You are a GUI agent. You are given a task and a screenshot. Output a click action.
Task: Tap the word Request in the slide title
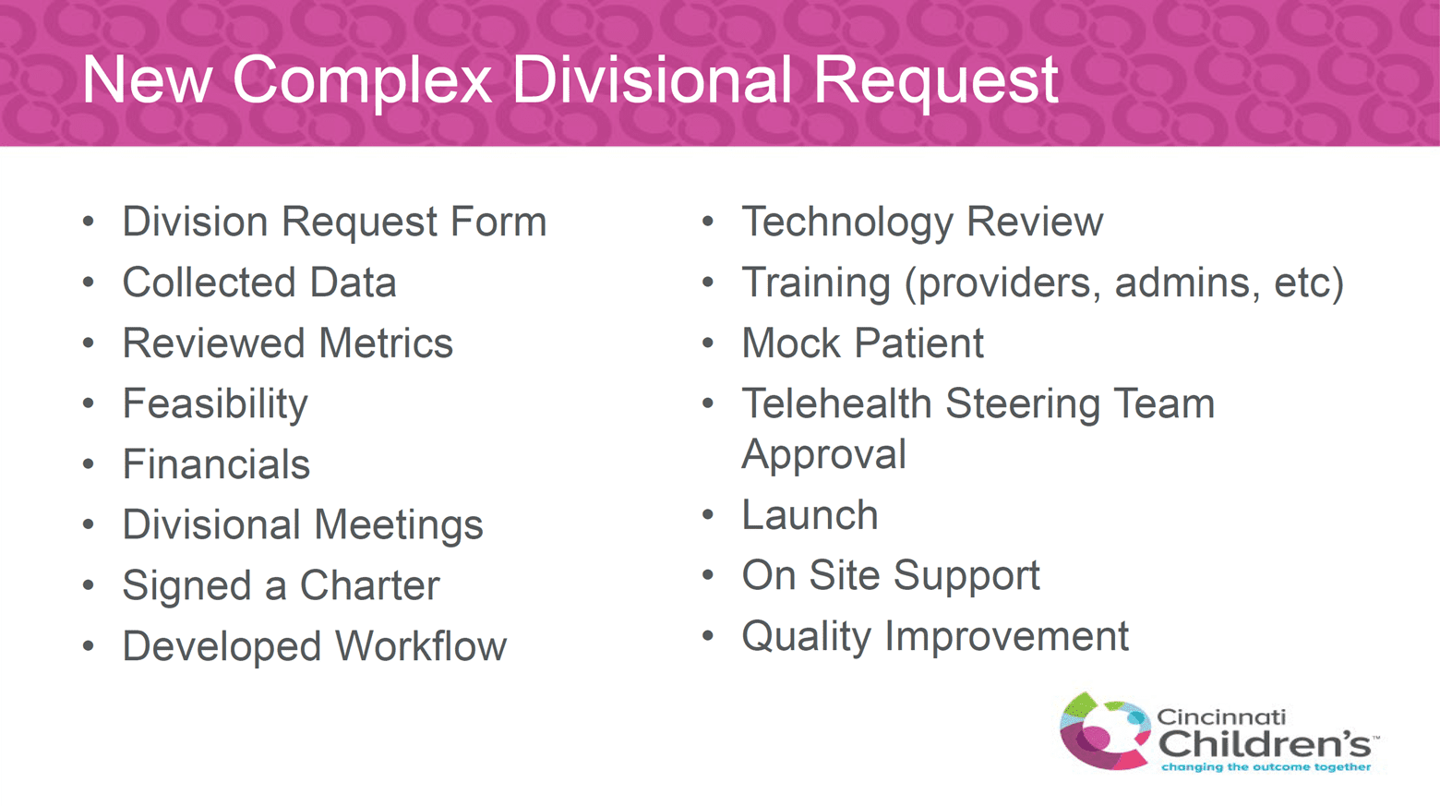[x=936, y=81]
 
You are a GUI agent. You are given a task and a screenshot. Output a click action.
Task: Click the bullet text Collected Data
[x=259, y=283]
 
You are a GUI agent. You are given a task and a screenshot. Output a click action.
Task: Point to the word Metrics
[x=386, y=343]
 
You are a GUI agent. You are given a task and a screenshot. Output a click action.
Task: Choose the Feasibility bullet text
[x=215, y=404]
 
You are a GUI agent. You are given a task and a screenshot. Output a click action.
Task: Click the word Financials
[x=216, y=464]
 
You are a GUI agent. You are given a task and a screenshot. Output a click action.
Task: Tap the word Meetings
[x=399, y=525]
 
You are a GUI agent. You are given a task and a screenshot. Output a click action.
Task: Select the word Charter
[x=369, y=585]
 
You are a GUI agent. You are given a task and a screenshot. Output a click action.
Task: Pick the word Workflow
[x=421, y=646]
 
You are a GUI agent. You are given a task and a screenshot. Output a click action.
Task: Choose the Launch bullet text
[x=810, y=515]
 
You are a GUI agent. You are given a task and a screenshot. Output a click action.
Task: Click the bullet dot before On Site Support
[x=708, y=574]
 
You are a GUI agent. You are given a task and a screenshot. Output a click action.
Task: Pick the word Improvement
[x=1007, y=636]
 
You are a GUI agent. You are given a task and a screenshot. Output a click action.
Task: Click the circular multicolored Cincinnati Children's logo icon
[x=1105, y=731]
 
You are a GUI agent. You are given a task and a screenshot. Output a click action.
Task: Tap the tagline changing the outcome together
[x=1266, y=767]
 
